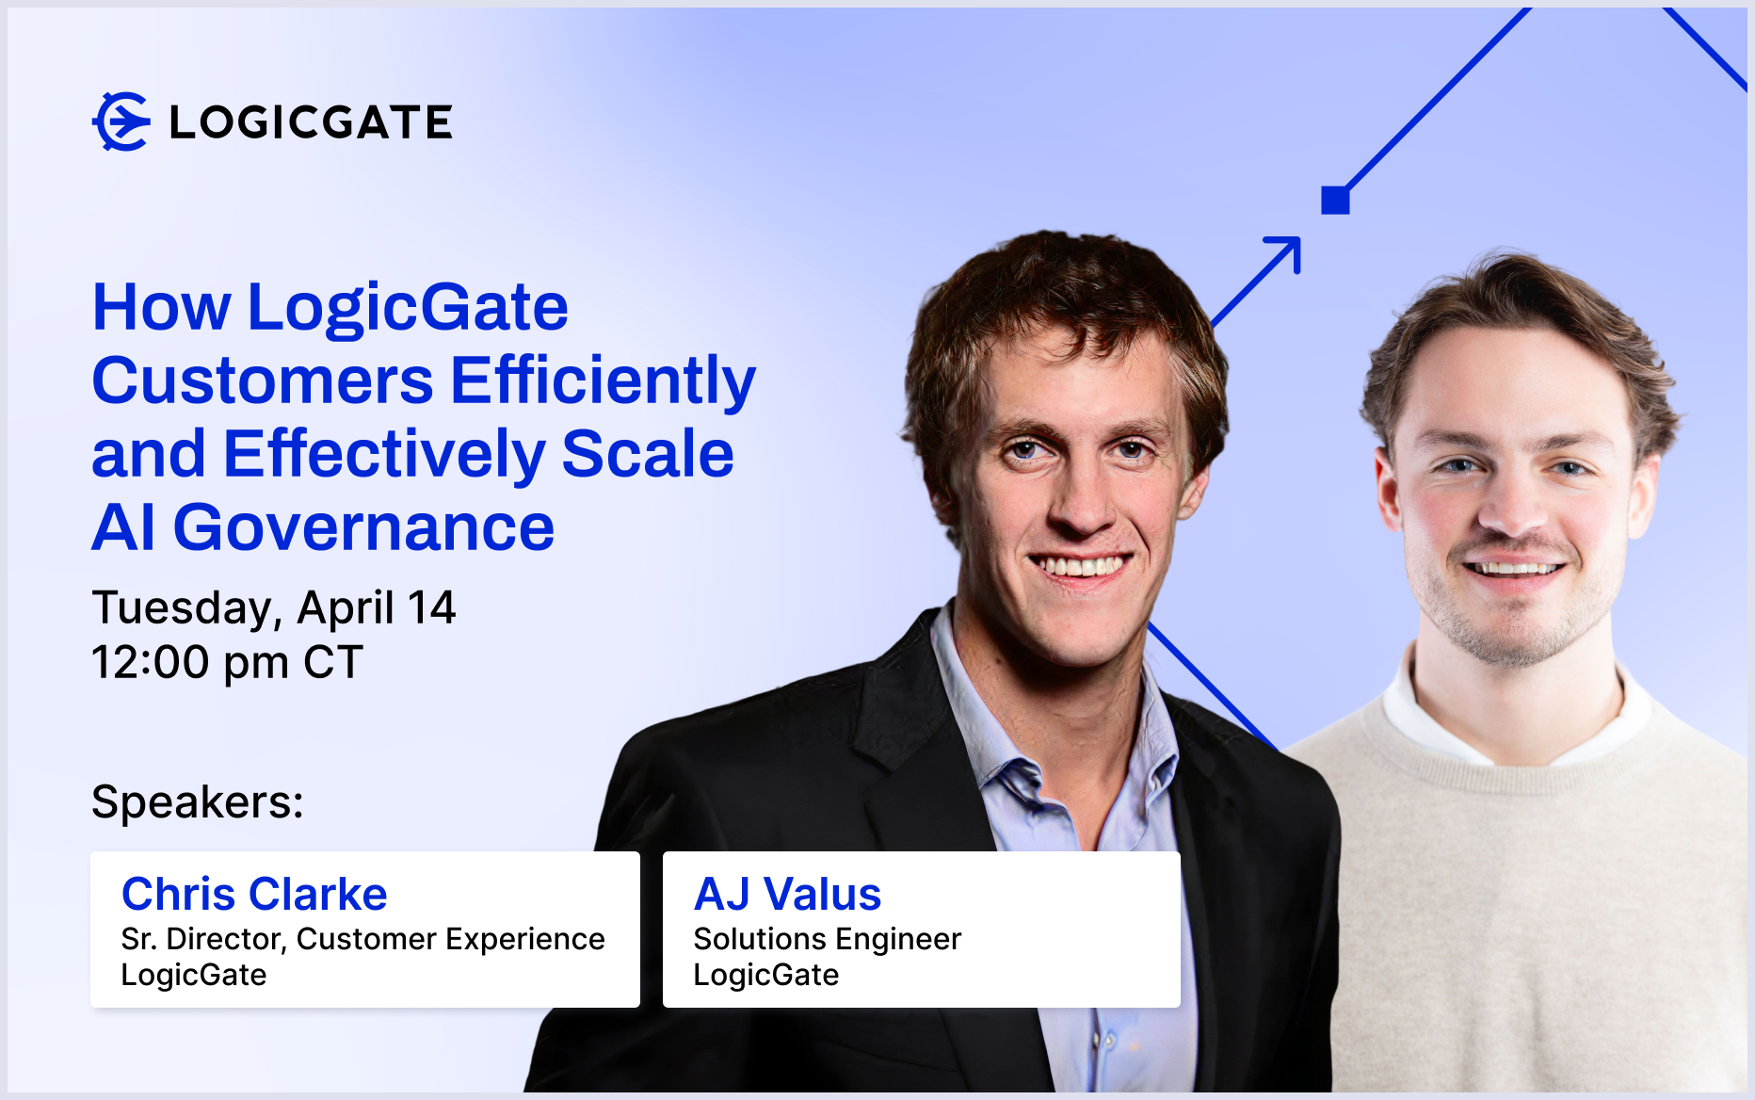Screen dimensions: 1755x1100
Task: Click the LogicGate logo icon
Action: click(x=121, y=121)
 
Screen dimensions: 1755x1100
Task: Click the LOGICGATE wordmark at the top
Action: click(x=312, y=122)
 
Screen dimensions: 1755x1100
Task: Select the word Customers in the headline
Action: click(x=263, y=380)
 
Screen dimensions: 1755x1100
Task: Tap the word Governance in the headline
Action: click(x=363, y=527)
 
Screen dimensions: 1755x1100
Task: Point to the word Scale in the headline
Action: click(x=648, y=454)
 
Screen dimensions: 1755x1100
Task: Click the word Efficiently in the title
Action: click(x=604, y=380)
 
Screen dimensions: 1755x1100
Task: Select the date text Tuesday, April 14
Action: click(x=274, y=608)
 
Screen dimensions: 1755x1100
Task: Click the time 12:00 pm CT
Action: click(x=227, y=662)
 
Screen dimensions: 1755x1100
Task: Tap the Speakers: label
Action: click(x=198, y=802)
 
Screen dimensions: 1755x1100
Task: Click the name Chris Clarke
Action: click(x=254, y=894)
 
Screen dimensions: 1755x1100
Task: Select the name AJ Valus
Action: click(x=787, y=894)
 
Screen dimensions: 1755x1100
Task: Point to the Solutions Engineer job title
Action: click(x=828, y=939)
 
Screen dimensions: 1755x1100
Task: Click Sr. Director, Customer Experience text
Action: click(x=363, y=939)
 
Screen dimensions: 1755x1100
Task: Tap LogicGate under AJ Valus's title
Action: click(x=766, y=975)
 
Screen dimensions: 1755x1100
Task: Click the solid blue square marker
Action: click(x=1335, y=200)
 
